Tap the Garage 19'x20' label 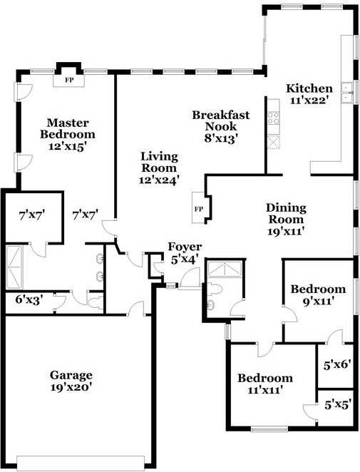[x=71, y=381]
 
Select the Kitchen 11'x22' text [x=309, y=95]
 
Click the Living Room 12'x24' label [x=159, y=168]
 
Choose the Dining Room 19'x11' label [x=286, y=219]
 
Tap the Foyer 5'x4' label [x=184, y=253]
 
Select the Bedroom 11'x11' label [x=265, y=384]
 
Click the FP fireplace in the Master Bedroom [x=70, y=80]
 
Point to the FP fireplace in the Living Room [x=199, y=209]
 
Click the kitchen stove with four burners [x=273, y=119]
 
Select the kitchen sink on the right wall [x=349, y=93]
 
